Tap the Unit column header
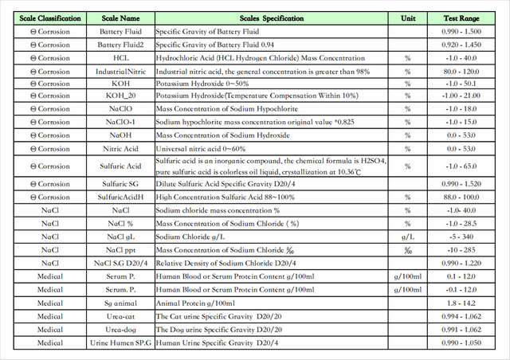[x=407, y=18]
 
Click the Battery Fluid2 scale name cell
[x=120, y=45]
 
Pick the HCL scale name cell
[x=120, y=58]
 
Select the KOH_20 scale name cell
[x=120, y=96]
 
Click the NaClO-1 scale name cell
[x=120, y=122]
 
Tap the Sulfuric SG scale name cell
[x=120, y=184]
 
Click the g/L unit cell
[x=407, y=237]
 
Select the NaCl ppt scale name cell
[x=120, y=249]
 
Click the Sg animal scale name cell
[x=120, y=303]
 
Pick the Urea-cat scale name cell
[x=120, y=316]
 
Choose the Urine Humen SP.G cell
[x=120, y=342]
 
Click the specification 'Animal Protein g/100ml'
[x=195, y=303]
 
